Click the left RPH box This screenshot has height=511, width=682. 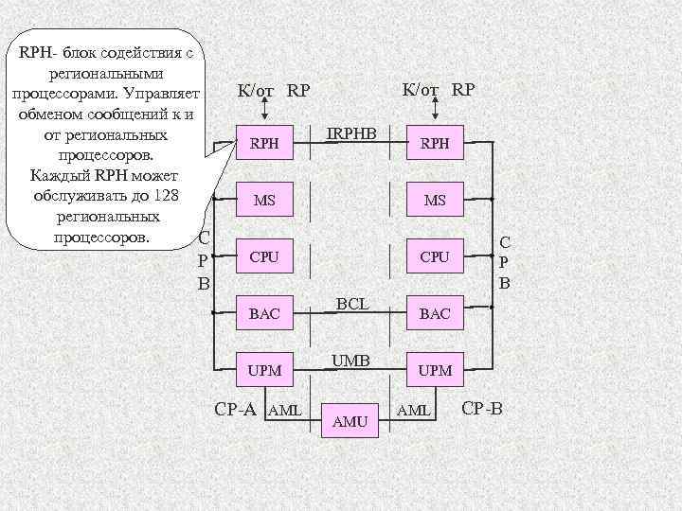tap(264, 144)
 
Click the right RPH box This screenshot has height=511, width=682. tap(435, 144)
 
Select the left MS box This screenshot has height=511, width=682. tap(264, 201)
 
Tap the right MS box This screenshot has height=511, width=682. tap(435, 201)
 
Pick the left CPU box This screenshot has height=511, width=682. tap(264, 256)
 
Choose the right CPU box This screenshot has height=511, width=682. tap(435, 256)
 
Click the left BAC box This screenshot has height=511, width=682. tap(264, 313)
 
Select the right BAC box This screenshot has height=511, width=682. tap(435, 313)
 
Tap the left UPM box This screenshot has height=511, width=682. tap(264, 370)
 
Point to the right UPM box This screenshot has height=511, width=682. tap(435, 370)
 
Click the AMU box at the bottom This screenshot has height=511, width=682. tap(350, 421)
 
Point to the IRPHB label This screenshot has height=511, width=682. tap(350, 133)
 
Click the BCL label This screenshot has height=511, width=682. tap(351, 303)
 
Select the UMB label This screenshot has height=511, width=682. tap(350, 360)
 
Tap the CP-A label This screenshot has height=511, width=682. tap(236, 409)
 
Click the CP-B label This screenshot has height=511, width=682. tap(481, 409)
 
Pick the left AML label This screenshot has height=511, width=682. tap(284, 410)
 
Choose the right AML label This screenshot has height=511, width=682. tap(414, 410)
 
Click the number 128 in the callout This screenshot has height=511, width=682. tap(165, 196)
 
